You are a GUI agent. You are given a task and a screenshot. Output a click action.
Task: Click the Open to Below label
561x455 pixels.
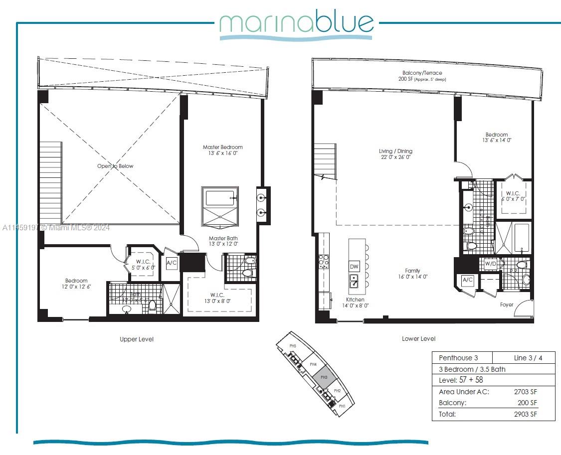point(115,166)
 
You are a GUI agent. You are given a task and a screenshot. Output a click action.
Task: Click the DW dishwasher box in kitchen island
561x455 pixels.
point(354,267)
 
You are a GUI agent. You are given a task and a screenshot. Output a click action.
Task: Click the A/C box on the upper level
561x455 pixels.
point(172,263)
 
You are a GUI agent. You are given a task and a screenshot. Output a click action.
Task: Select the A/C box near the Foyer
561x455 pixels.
point(468,280)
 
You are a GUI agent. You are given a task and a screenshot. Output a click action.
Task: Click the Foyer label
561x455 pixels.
point(507,304)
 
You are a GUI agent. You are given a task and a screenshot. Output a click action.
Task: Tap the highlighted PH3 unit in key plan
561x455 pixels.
point(324,377)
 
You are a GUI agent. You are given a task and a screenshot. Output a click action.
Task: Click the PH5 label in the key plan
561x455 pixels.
point(293,346)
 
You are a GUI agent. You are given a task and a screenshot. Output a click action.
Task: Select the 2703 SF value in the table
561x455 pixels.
point(526,392)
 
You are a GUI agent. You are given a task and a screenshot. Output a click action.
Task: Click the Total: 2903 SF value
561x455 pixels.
point(526,414)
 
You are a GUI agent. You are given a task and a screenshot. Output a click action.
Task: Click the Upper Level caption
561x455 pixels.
point(137,339)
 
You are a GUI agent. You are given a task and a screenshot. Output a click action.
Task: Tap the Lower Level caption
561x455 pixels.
point(418,339)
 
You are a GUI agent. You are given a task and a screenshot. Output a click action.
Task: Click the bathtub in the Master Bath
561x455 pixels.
point(220,198)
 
